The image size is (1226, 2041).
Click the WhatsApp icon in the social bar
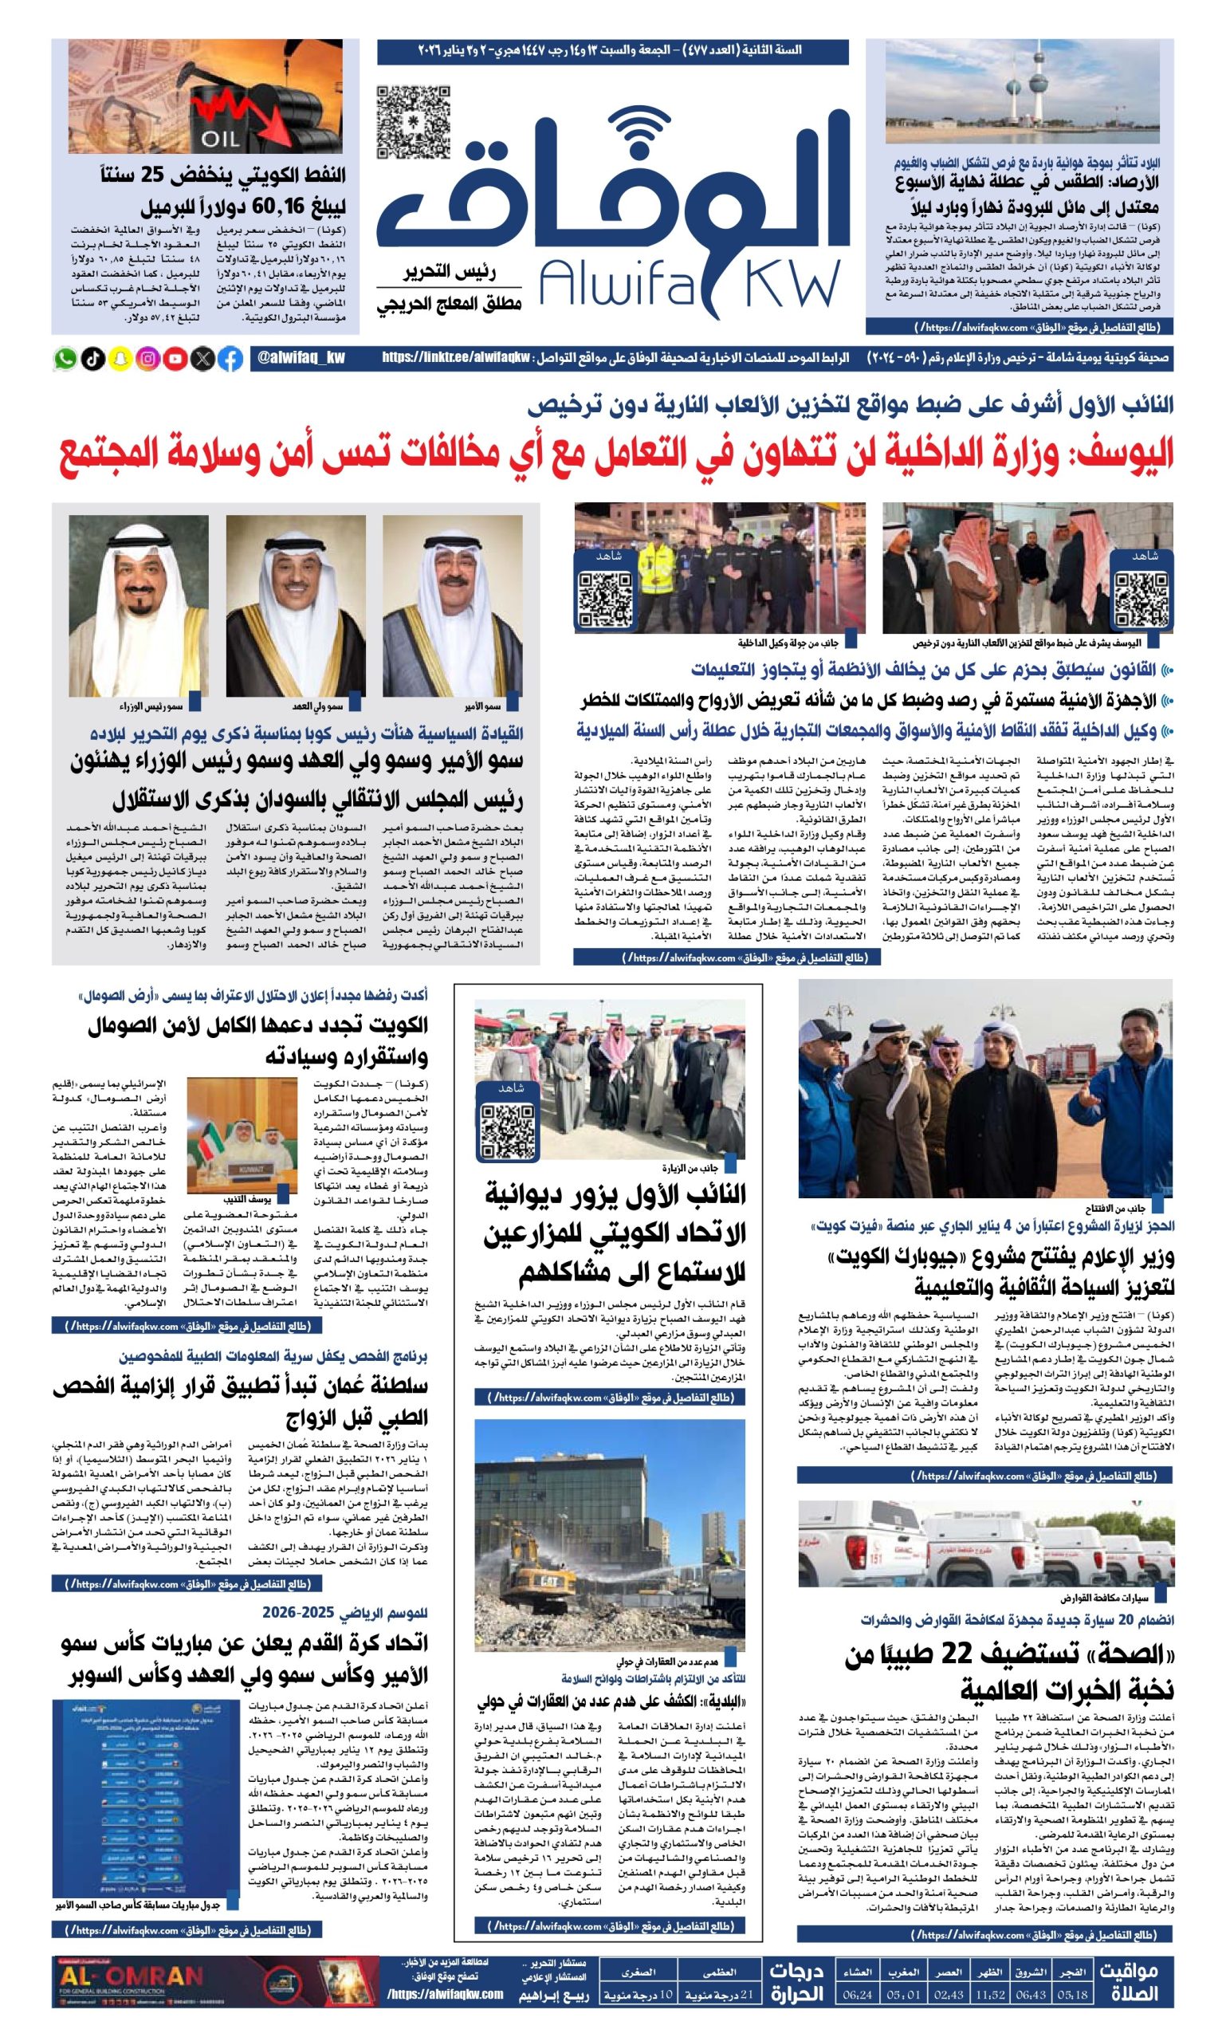[x=65, y=359]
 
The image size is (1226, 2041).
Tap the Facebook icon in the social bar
[x=231, y=359]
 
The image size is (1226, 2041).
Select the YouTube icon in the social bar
[x=176, y=359]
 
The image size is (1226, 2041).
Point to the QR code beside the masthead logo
[x=413, y=122]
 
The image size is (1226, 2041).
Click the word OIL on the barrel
[x=219, y=138]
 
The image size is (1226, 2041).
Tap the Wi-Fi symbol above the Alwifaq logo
[x=643, y=126]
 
